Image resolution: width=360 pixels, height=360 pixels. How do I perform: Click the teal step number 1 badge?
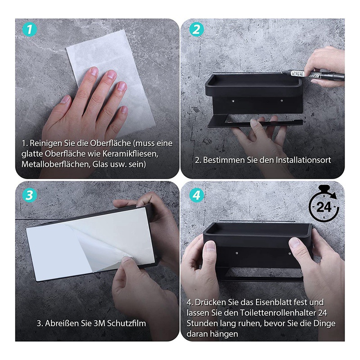point(29,30)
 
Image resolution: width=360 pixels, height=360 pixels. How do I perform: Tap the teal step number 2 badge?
point(196,30)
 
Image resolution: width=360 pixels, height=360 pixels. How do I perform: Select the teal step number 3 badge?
point(29,195)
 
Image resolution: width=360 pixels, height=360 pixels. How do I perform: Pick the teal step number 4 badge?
point(196,195)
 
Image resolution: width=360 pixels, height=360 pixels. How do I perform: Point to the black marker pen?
point(313,75)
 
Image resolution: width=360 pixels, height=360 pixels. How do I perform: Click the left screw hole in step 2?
point(234,101)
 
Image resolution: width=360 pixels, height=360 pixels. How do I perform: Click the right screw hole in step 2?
point(282,101)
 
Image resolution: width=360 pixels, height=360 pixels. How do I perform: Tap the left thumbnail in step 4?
point(210,246)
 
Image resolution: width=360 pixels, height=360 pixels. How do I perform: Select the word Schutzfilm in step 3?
point(126,323)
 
